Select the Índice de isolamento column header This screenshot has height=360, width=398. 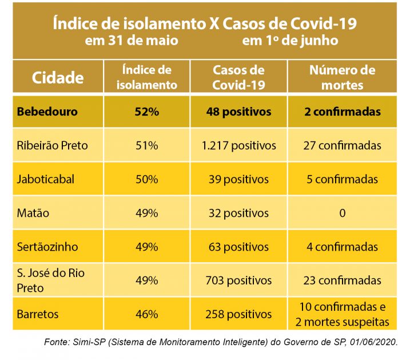click(x=147, y=78)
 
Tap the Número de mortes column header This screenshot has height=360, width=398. click(x=342, y=78)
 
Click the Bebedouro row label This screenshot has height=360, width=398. click(x=47, y=112)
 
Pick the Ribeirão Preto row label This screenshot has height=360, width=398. click(x=53, y=145)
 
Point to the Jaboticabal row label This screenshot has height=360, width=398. click(x=46, y=179)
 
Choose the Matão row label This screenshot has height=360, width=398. click(x=33, y=213)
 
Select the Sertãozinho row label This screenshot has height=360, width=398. click(x=47, y=247)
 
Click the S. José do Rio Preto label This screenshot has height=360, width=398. click(x=50, y=280)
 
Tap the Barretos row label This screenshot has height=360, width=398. click(x=38, y=314)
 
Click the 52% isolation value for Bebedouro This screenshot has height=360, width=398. click(x=147, y=112)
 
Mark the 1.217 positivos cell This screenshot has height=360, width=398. click(x=238, y=145)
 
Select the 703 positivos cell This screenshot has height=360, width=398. click(x=238, y=280)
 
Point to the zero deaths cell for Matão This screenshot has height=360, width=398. click(x=342, y=213)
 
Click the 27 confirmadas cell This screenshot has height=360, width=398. click(x=342, y=145)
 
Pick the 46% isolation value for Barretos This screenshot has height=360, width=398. click(x=147, y=314)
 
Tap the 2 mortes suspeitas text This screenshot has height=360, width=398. click(x=342, y=322)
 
